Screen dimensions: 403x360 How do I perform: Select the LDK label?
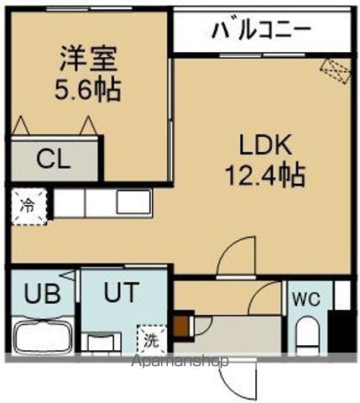pos(263,147)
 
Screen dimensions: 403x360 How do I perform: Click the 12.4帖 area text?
pos(263,175)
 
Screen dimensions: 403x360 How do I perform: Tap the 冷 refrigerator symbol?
pos(27,204)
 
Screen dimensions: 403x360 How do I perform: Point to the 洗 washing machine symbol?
pos(150,341)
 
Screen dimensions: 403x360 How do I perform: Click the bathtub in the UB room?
pos(42,336)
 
